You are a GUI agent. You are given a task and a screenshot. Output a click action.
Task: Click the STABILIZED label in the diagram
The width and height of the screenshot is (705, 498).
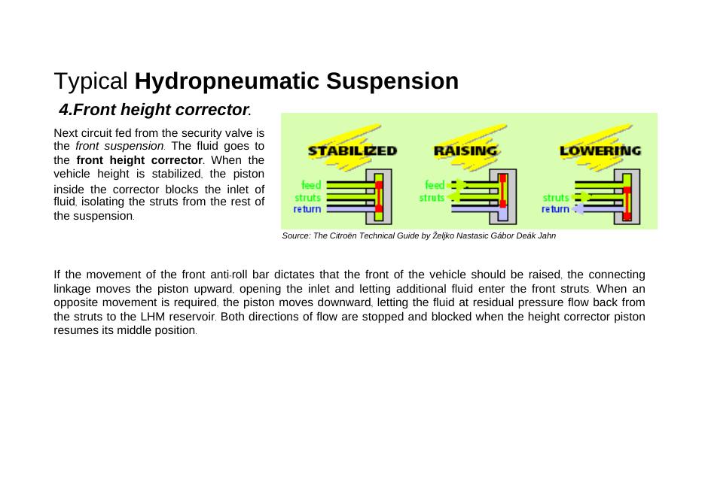(352, 150)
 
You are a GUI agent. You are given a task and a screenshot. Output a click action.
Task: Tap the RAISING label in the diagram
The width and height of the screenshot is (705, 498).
(465, 150)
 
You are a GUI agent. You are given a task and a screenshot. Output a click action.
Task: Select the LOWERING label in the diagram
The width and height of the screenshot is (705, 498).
(600, 150)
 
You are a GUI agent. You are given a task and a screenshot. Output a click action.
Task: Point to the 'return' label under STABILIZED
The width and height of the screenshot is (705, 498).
(307, 209)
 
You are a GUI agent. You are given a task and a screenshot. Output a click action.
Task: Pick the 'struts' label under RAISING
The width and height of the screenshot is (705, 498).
(432, 198)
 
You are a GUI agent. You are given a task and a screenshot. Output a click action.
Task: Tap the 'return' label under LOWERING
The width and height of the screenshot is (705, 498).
(555, 209)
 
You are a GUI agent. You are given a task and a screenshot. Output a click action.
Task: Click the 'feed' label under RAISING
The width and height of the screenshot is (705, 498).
(435, 184)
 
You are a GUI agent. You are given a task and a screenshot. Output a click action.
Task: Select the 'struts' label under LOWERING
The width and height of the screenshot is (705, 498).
(556, 198)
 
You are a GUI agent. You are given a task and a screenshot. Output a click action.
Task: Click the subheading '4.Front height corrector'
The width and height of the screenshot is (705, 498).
(154, 110)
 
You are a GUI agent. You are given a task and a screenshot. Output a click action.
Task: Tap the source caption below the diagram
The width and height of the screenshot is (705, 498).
(419, 235)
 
